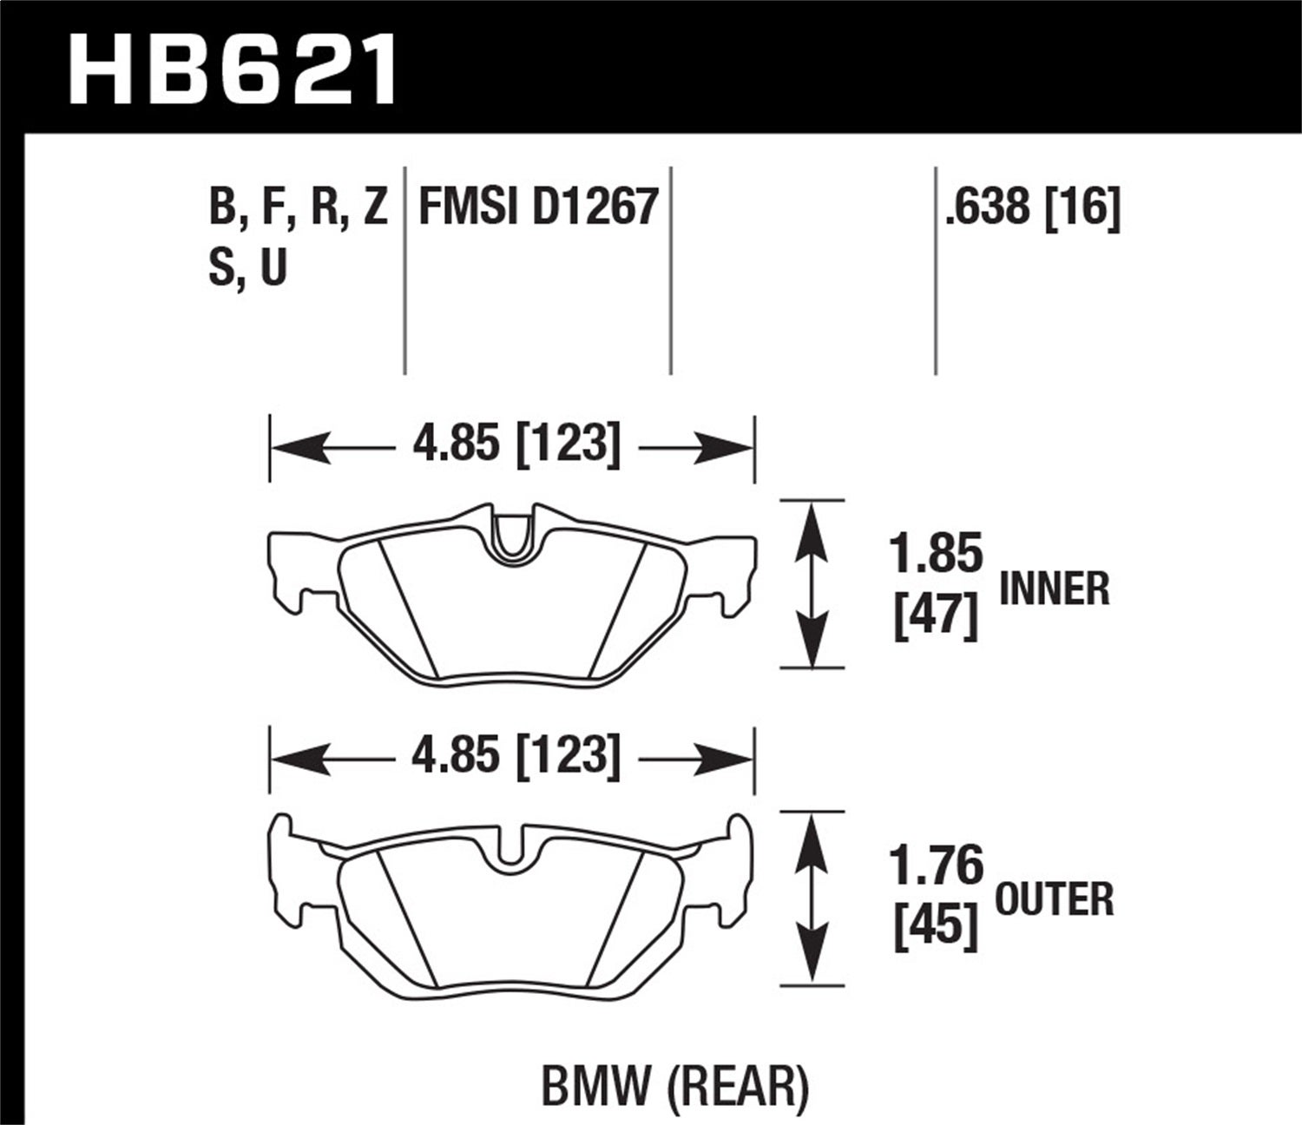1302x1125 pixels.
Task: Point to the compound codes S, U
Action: click(x=247, y=268)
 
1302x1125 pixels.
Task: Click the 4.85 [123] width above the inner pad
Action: click(x=516, y=446)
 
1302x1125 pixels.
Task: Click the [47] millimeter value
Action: click(x=936, y=618)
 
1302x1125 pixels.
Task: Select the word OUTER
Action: click(x=1054, y=899)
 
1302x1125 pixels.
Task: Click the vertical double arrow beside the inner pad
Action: click(x=811, y=585)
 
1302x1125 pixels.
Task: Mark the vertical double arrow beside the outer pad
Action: click(x=811, y=898)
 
